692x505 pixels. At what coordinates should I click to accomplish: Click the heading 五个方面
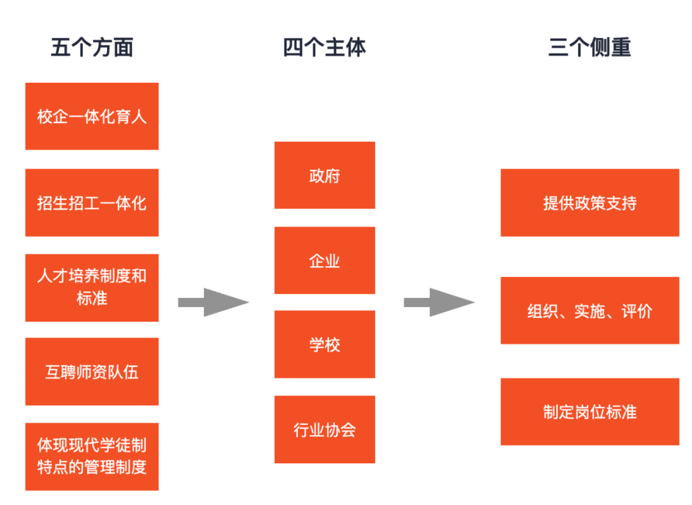[92, 47]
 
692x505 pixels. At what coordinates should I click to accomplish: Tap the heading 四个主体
[324, 47]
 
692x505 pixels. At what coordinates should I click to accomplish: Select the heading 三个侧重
[589, 47]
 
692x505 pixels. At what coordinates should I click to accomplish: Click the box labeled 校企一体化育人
[92, 116]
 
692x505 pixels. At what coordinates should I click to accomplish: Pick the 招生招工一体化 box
[92, 203]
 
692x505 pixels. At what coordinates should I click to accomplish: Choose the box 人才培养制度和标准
[92, 288]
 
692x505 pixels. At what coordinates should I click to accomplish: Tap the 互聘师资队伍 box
[92, 372]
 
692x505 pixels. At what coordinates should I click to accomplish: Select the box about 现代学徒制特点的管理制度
[92, 457]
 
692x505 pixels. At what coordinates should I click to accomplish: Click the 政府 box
[325, 175]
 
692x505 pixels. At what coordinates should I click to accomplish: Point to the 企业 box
[325, 260]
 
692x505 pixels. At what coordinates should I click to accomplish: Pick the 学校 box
[325, 344]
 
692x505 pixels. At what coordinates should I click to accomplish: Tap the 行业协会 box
[325, 429]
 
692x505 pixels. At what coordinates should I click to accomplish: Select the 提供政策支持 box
[589, 203]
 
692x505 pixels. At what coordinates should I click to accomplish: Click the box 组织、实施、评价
[589, 310]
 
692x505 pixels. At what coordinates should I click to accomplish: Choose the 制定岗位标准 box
[589, 412]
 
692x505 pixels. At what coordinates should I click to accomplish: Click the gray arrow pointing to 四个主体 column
[213, 302]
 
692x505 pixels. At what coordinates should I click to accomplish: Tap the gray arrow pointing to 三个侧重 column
[439, 302]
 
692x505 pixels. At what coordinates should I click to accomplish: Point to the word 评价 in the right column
[637, 311]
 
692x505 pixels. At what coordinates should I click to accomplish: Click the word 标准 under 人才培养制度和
[92, 299]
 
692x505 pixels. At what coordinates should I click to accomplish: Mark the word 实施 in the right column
[589, 311]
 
